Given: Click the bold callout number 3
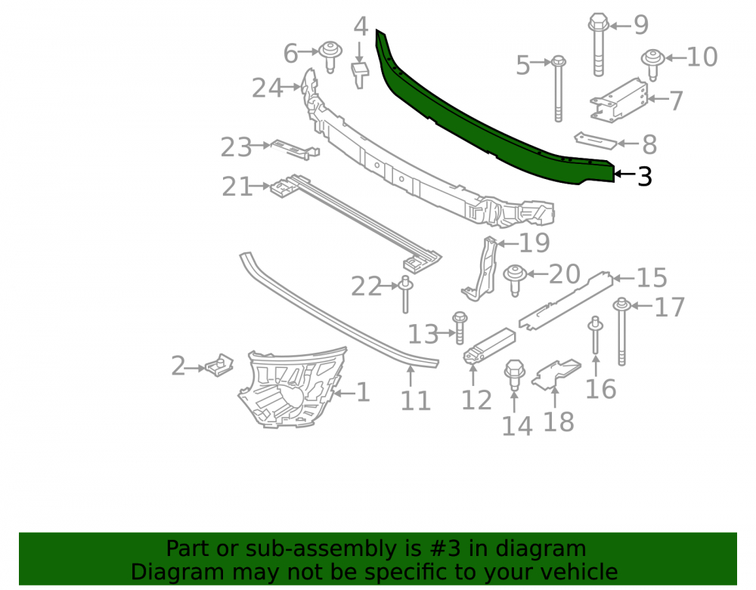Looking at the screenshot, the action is pyautogui.click(x=645, y=177).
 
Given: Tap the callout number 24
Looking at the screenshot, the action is pyautogui.click(x=268, y=88).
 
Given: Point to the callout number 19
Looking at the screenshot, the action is pyautogui.click(x=534, y=242).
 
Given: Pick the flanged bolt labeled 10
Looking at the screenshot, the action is pyautogui.click(x=653, y=63).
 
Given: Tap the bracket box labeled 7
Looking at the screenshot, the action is pyautogui.click(x=620, y=100).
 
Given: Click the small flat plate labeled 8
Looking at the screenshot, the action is pyautogui.click(x=596, y=141).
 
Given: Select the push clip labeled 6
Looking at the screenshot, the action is pyautogui.click(x=330, y=57).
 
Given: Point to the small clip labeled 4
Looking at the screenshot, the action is pyautogui.click(x=360, y=75).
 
